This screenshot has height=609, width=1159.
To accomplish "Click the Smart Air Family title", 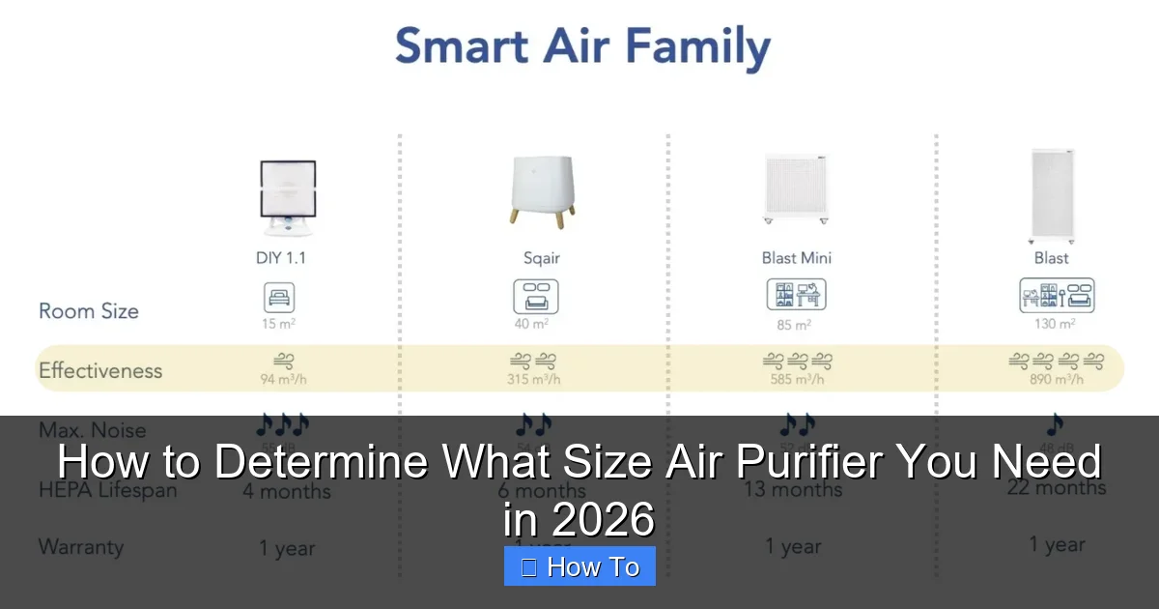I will pyautogui.click(x=582, y=48).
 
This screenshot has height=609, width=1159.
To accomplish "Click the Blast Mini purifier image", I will pyautogui.click(x=796, y=188).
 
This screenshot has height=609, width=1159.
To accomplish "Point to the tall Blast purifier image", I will pyautogui.click(x=1052, y=194).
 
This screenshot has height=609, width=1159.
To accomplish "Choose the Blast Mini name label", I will pyautogui.click(x=796, y=258).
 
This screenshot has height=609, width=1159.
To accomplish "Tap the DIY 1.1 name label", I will pyautogui.click(x=280, y=258).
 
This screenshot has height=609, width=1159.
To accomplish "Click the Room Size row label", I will pyautogui.click(x=89, y=311).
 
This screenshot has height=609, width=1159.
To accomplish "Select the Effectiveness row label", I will pyautogui.click(x=100, y=370).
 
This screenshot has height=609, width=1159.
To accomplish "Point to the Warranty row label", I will pyautogui.click(x=81, y=547).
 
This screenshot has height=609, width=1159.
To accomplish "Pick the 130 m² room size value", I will pyautogui.click(x=1055, y=324).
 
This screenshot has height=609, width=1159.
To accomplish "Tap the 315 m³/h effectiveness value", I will pyautogui.click(x=535, y=380).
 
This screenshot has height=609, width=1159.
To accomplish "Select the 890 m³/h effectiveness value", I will pyautogui.click(x=1056, y=380).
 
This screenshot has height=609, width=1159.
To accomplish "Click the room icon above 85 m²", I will pyautogui.click(x=796, y=295).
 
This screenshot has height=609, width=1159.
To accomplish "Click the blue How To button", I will pyautogui.click(x=579, y=566).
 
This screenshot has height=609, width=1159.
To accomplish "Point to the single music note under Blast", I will pyautogui.click(x=1055, y=424).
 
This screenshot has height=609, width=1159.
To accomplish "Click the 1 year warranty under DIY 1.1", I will pyautogui.click(x=287, y=548).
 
